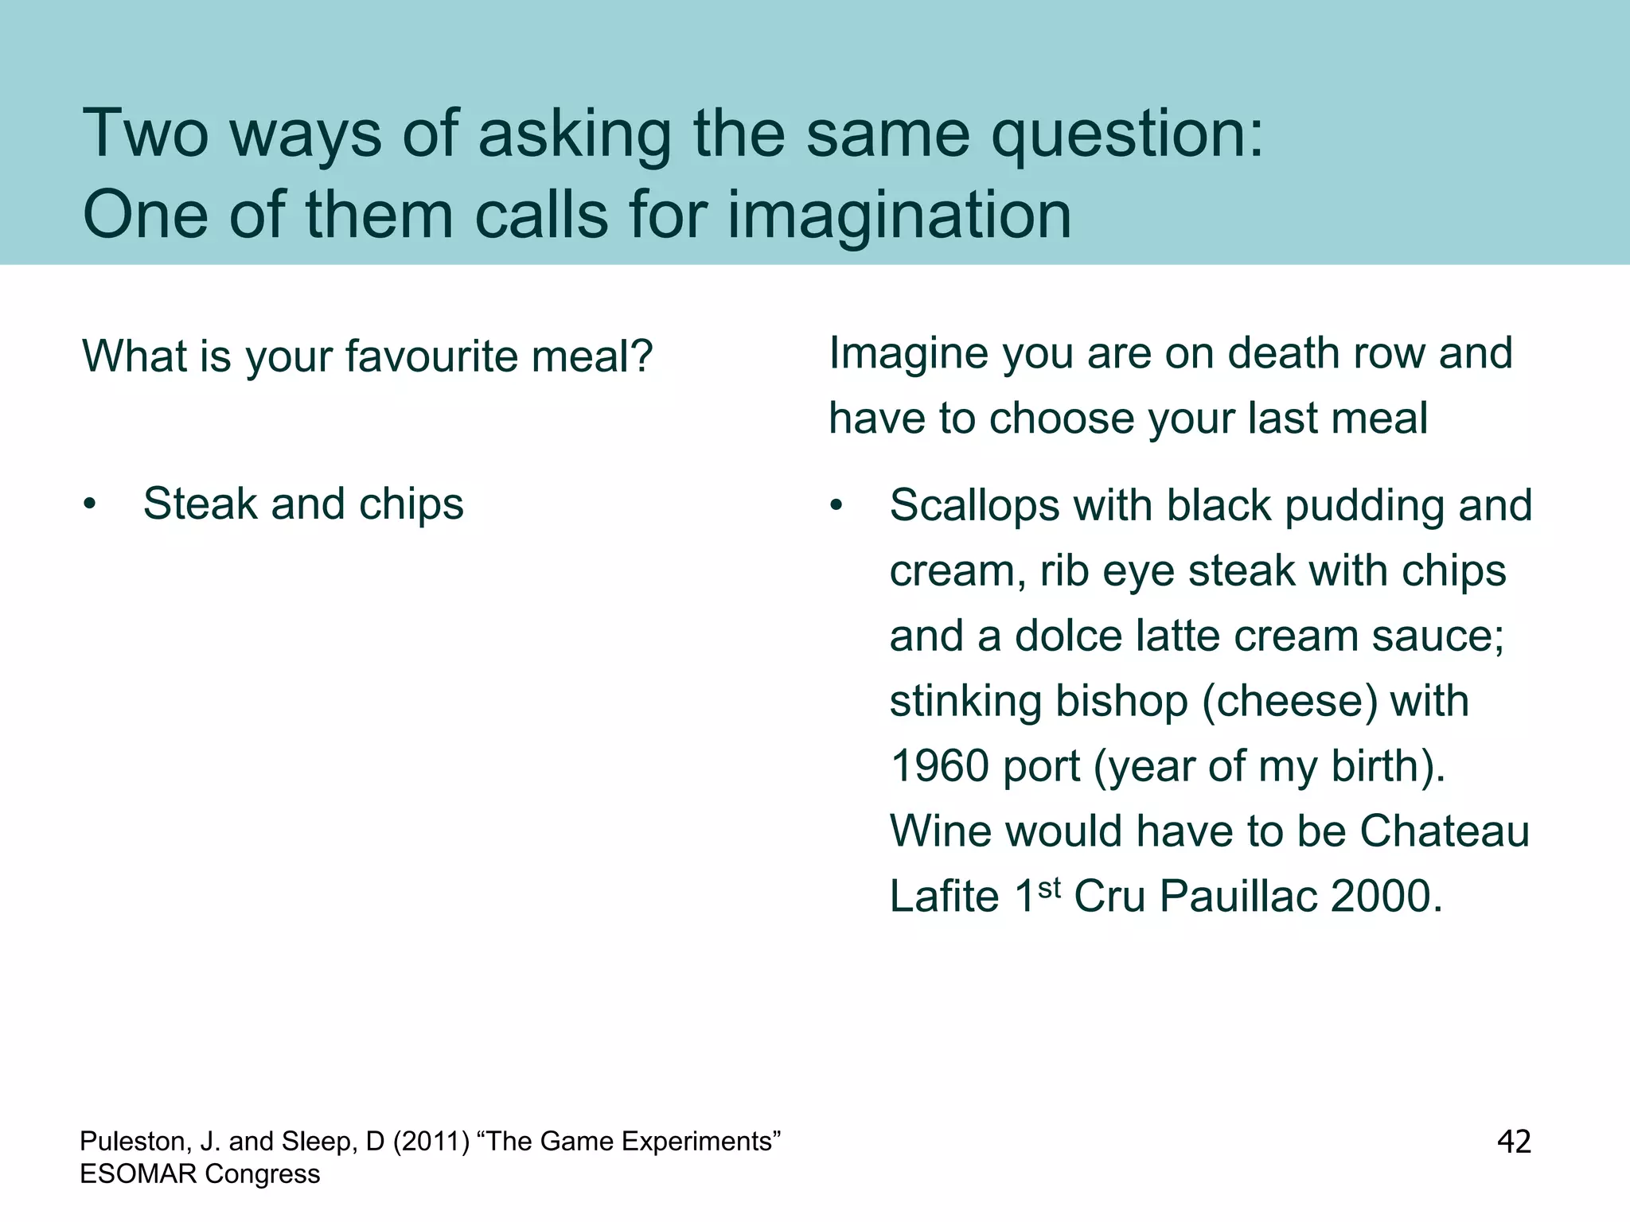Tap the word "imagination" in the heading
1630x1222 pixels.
click(899, 216)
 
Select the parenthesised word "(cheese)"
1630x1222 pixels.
click(1289, 702)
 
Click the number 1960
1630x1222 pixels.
click(938, 766)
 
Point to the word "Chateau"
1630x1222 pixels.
click(1444, 831)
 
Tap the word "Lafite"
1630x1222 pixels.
click(944, 897)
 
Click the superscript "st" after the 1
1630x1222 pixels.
click(1050, 887)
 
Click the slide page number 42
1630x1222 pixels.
click(1514, 1142)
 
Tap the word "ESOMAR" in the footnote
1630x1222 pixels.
click(136, 1174)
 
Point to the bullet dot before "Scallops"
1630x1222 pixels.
click(836, 506)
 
